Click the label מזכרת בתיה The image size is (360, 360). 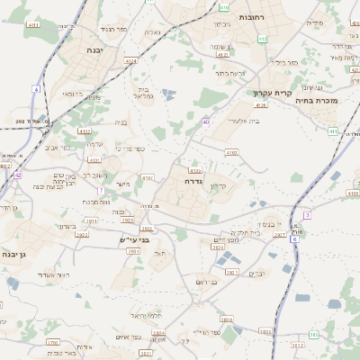(x=316, y=101)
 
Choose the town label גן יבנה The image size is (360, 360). (x=18, y=256)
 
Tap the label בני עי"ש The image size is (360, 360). (x=132, y=240)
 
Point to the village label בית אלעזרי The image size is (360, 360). (x=244, y=121)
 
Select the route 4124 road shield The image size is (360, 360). (x=132, y=61)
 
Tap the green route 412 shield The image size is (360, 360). (x=262, y=39)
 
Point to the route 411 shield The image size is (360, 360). (x=333, y=131)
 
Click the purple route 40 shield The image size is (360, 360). (x=206, y=121)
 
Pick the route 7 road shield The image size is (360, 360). (x=101, y=191)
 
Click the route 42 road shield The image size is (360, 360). (x=18, y=175)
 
